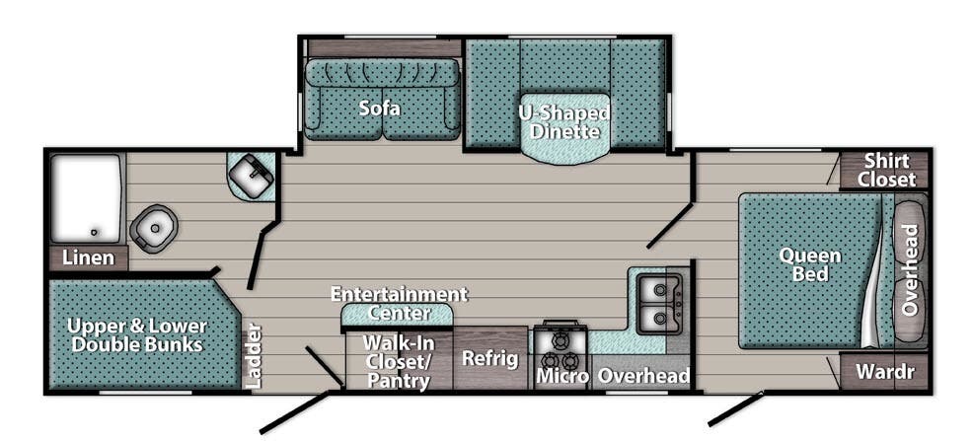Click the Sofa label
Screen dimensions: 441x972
pyautogui.click(x=379, y=109)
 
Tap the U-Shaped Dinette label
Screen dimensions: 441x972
pyautogui.click(x=563, y=120)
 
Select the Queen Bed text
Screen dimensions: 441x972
pyautogui.click(x=810, y=264)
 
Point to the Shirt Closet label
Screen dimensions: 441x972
pyautogui.click(x=886, y=170)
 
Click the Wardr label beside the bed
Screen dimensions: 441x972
pyautogui.click(x=884, y=373)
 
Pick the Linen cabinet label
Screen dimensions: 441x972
pyautogui.click(x=89, y=258)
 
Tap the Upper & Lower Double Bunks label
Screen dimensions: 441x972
pyautogui.click(x=137, y=334)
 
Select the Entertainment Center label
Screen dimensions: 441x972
pyautogui.click(x=398, y=304)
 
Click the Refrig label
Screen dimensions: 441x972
pyautogui.click(x=490, y=358)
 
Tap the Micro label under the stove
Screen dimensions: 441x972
pyautogui.click(x=561, y=376)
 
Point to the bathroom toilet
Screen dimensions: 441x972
pyautogui.click(x=153, y=227)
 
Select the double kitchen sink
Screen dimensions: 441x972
pyautogui.click(x=659, y=303)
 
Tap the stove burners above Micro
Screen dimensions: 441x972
pyautogui.click(x=561, y=341)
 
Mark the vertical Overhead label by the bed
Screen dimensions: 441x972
pyautogui.click(x=910, y=269)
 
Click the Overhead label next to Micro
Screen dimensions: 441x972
pyautogui.click(x=643, y=376)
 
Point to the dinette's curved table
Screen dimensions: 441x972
pyautogui.click(x=563, y=148)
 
